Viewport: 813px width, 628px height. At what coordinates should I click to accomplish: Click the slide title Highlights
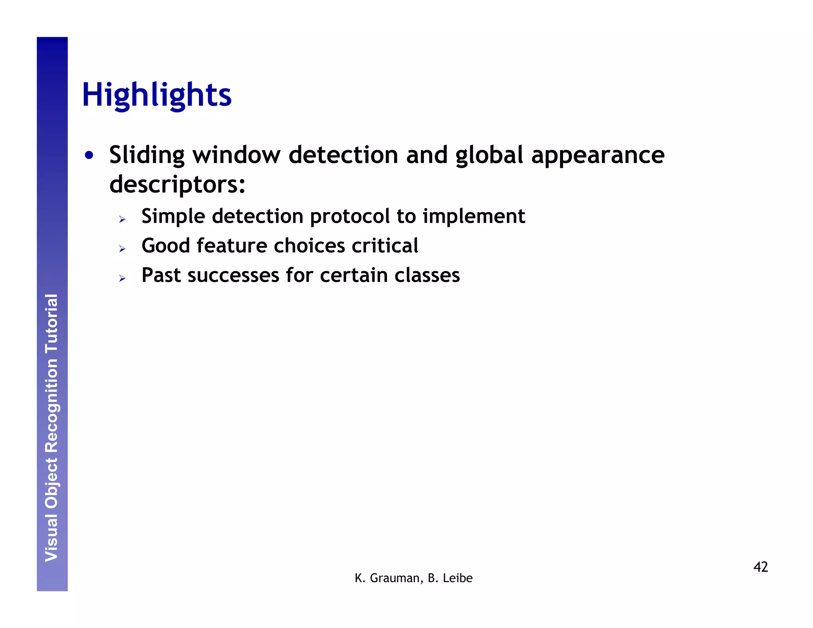157,95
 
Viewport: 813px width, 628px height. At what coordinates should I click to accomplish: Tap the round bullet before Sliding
89,156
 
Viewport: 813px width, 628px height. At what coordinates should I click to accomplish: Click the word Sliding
147,155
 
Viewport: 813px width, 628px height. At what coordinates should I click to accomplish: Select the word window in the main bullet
237,155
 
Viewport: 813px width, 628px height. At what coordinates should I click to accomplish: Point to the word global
489,155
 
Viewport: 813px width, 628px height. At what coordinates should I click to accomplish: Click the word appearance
598,156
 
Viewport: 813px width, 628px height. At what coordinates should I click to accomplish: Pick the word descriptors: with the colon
177,185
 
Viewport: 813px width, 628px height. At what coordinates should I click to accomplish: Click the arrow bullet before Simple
122,220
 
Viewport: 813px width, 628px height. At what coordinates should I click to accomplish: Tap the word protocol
350,217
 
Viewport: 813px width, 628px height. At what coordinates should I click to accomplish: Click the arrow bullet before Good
122,249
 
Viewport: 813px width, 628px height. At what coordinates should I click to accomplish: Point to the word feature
232,246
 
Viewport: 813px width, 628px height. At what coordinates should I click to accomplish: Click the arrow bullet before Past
122,278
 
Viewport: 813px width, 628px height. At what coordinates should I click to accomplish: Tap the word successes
233,275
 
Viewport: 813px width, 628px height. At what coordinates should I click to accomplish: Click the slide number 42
761,567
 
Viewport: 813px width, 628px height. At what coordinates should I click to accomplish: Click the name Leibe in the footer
458,578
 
